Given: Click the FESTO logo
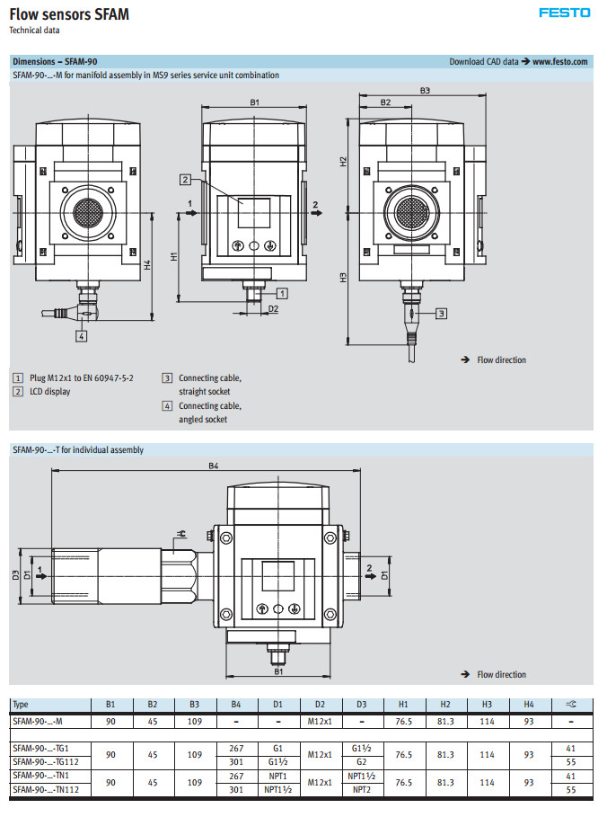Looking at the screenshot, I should (564, 13).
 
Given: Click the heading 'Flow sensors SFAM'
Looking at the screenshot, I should (68, 13).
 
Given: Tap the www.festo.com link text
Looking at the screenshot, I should (560, 62).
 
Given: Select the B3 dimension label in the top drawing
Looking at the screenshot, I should (425, 91).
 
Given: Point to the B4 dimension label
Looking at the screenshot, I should (214, 466).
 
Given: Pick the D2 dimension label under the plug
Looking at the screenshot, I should (273, 308).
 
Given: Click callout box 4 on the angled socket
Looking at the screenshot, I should (81, 336).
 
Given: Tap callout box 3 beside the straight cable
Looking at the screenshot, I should (441, 314).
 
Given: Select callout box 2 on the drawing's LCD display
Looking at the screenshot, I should (185, 179).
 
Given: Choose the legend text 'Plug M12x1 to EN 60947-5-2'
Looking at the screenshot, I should (82, 378).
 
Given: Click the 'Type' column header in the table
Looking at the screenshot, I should (21, 705).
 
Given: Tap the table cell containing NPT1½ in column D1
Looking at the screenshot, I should (277, 790).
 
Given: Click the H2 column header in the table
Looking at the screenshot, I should (445, 705).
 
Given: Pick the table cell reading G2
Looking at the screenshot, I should (362, 761).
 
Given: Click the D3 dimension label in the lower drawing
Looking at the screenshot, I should (15, 575).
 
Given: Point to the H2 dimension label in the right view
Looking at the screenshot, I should (343, 161).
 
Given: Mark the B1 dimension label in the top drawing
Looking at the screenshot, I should (255, 103).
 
